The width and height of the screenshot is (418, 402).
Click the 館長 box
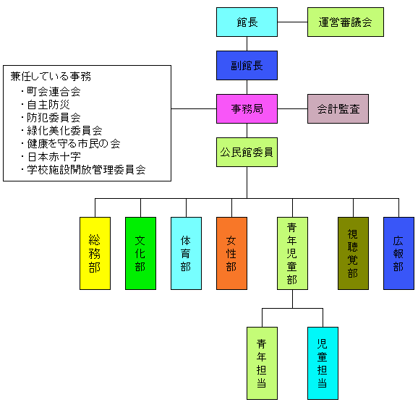pos(247,22)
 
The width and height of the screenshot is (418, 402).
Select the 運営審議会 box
pos(346,22)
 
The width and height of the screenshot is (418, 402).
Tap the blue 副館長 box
pos(247,66)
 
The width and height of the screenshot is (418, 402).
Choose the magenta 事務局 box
pos(247,108)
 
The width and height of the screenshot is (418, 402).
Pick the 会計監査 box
pos(338,108)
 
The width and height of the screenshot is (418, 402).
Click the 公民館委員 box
pos(247,153)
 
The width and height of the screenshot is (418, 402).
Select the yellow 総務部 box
pos(95,253)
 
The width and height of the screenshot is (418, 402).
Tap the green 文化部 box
pos(141,253)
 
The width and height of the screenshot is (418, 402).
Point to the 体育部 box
pos(186,253)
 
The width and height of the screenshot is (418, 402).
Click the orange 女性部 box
pos(231,253)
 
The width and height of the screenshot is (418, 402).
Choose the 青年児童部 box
pos(292,253)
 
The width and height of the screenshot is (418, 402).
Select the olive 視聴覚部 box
pos(353,253)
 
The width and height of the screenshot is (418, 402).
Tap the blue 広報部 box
pos(398,253)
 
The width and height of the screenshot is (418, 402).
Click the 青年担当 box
pos(262,364)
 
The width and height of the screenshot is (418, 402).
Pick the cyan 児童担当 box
pos(323,364)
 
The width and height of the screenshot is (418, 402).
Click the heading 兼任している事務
pos(51,77)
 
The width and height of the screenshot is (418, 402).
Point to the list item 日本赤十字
pos(54,157)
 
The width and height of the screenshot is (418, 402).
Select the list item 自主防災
pos(48,105)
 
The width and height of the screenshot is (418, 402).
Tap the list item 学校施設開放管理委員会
pos(86,170)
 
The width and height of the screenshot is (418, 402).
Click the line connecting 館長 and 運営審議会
pos(292,22)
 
